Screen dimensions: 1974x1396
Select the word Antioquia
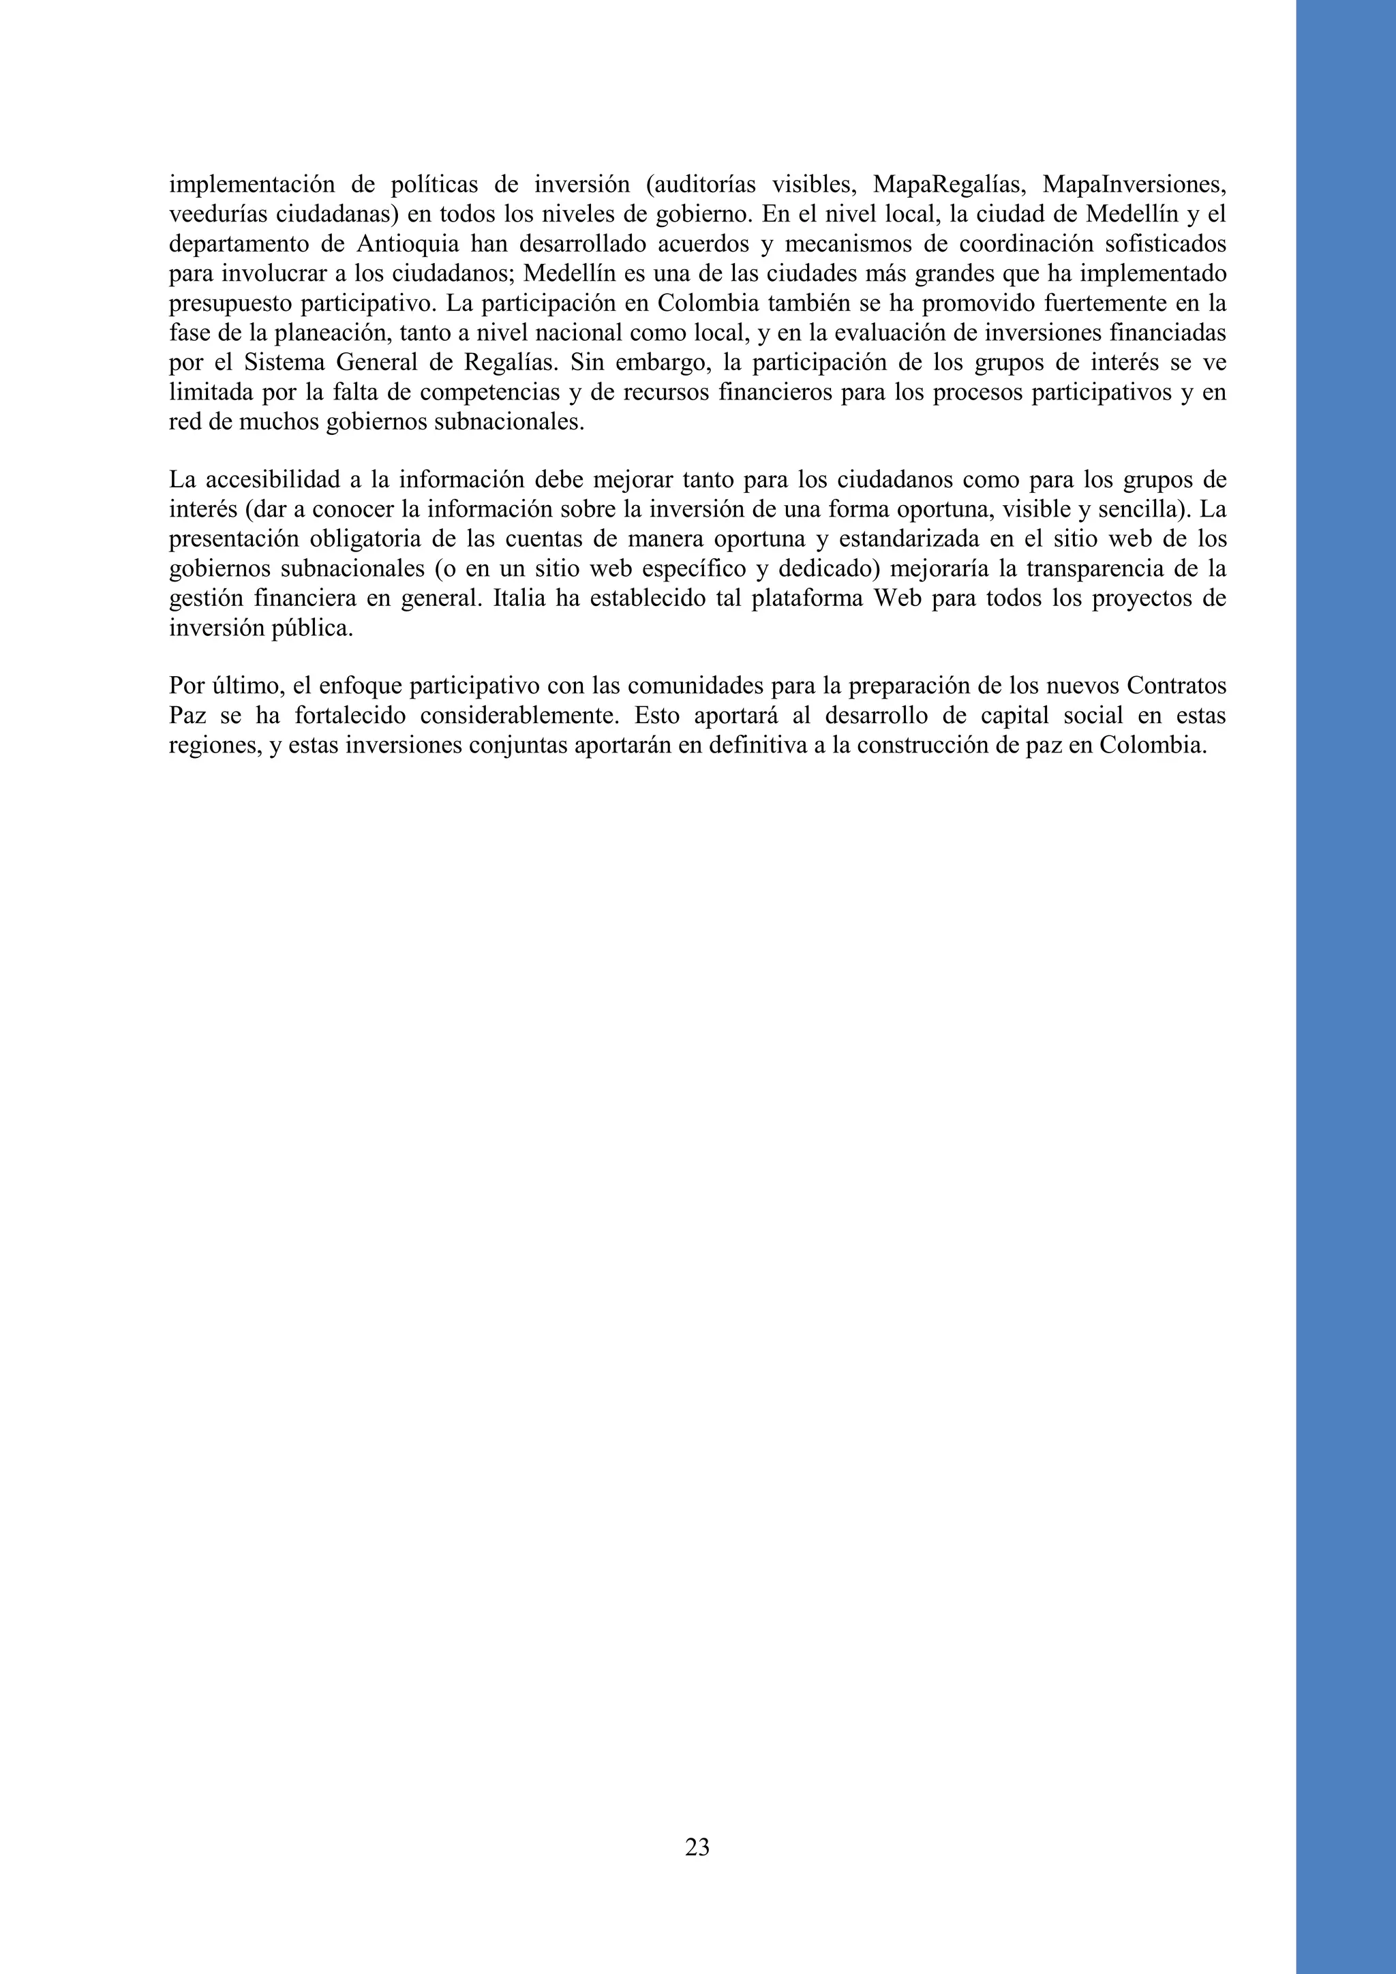406,244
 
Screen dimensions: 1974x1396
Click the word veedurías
211,214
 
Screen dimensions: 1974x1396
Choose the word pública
316,628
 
